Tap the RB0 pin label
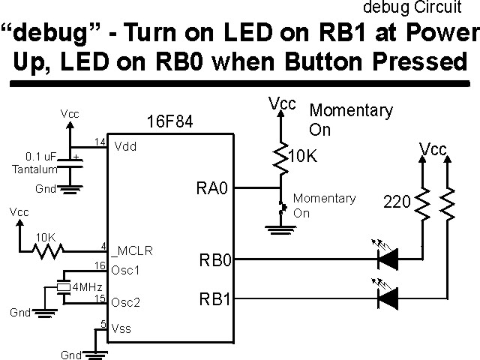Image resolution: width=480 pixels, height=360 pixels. (215, 261)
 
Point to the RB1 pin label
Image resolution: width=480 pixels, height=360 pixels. (215, 301)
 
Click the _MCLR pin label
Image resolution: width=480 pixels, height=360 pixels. (133, 249)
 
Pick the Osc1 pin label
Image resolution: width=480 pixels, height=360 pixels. (126, 268)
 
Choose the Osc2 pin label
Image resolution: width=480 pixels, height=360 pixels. (126, 303)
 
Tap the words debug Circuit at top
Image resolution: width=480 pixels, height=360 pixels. (412, 8)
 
